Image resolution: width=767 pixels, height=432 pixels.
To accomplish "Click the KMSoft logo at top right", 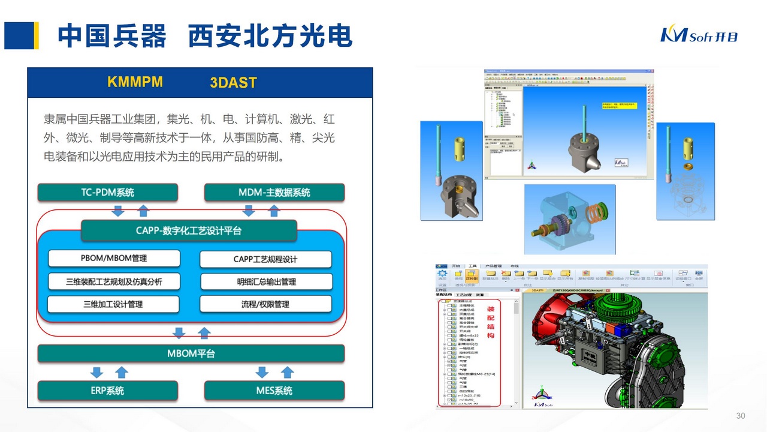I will [x=699, y=35].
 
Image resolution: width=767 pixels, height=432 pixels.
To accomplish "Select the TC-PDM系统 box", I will [x=108, y=193].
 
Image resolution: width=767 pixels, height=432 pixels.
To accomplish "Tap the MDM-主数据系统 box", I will [x=274, y=193].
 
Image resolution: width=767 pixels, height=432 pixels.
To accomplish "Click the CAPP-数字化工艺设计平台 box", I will [x=189, y=230].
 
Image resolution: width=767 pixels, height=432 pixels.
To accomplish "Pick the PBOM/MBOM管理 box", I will [x=114, y=258].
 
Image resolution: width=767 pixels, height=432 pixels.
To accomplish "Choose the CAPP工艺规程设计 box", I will [x=265, y=259].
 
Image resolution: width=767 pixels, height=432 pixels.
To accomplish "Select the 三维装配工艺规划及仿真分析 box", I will [x=114, y=281].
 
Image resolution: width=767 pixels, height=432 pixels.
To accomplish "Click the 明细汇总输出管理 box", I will [x=266, y=281].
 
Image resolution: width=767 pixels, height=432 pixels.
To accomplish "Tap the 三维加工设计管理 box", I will [x=113, y=304].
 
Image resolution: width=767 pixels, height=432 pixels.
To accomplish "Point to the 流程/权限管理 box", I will [x=265, y=304].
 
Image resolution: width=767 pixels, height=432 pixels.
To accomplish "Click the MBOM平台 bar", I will [x=191, y=353].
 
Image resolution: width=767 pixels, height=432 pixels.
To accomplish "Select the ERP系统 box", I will [x=108, y=391].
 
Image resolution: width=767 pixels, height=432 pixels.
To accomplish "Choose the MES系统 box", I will [x=274, y=391].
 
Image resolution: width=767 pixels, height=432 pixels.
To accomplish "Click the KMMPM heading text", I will [x=135, y=82].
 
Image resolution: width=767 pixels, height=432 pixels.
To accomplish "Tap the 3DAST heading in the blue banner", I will [x=233, y=83].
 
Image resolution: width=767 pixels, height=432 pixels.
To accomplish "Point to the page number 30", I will [x=740, y=416].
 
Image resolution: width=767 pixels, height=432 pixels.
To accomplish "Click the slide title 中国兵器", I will [x=112, y=36].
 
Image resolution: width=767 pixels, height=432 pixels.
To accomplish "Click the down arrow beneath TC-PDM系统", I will [x=118, y=210].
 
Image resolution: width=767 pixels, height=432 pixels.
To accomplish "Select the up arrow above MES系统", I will [x=288, y=372].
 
